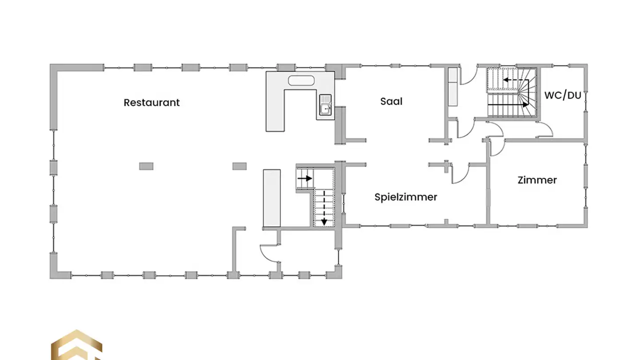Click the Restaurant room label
152,103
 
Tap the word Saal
391,101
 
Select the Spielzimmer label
406,197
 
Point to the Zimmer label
537,180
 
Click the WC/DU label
563,96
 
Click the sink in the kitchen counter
325,105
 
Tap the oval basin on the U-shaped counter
301,80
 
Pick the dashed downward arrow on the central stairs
324,208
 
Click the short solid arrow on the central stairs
304,179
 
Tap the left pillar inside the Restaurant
146,166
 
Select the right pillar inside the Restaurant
240,166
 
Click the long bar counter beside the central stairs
272,198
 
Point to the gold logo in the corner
76,345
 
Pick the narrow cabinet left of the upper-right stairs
452,87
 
